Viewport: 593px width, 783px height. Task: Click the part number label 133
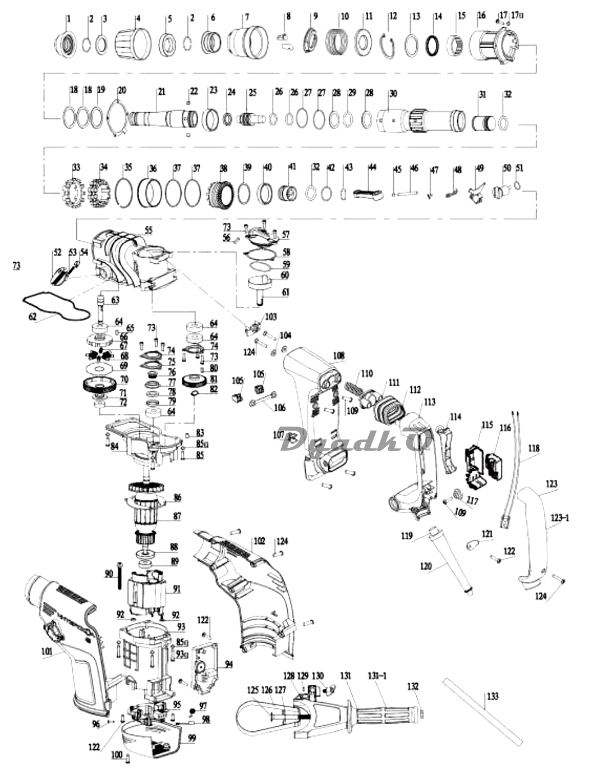tap(492, 696)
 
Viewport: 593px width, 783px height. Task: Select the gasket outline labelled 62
tap(56, 306)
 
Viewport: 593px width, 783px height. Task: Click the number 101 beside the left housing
tap(46, 651)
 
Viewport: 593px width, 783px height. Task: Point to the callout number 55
tap(148, 230)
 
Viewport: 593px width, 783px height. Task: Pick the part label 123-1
tap(559, 518)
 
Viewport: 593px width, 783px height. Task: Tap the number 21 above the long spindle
tap(162, 91)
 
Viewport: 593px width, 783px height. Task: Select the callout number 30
tap(393, 93)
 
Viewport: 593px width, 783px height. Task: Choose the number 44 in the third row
tap(371, 167)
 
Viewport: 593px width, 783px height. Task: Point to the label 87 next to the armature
tap(177, 516)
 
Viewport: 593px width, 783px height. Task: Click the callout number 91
tap(177, 589)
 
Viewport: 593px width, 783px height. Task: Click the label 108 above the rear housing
tap(338, 355)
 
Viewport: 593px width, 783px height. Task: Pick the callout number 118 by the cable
tap(534, 448)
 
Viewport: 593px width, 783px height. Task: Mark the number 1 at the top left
tap(69, 19)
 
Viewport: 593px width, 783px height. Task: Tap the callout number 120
tap(426, 566)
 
